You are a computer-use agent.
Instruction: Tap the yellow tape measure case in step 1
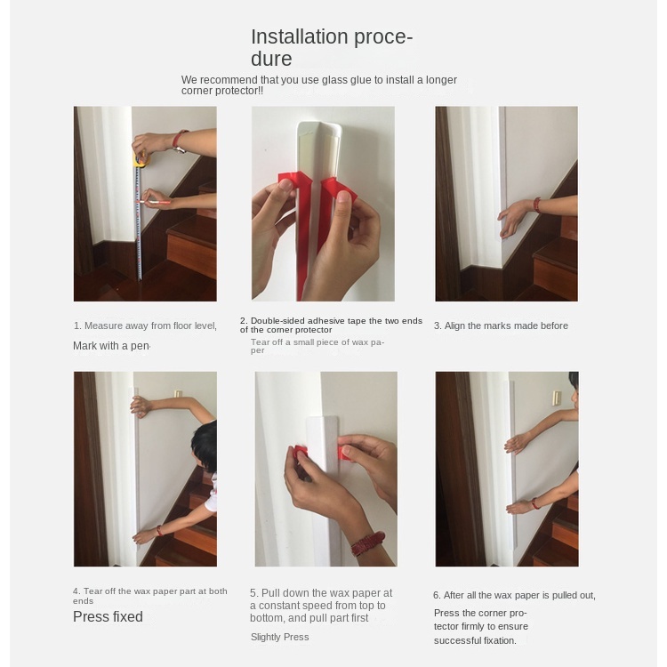pos(141,159)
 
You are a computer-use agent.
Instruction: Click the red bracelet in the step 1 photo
pos(179,139)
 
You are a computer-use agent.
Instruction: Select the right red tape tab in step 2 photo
pos(339,189)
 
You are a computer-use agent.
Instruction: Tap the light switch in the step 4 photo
pos(178,394)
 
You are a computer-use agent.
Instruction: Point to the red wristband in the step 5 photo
pos(368,543)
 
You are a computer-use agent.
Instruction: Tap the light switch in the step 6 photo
pos(556,398)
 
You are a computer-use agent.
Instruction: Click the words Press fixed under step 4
pos(108,617)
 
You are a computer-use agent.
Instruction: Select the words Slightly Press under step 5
pos(279,637)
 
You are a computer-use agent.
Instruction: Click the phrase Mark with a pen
pos(111,346)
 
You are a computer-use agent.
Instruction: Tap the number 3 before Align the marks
pos(437,325)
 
